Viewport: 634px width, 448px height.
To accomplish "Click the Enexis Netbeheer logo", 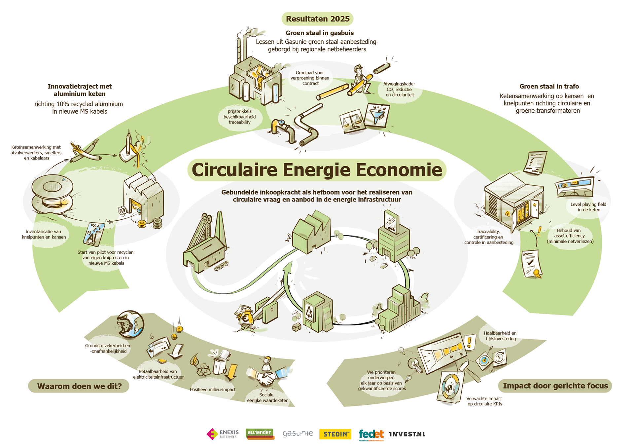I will (x=223, y=434).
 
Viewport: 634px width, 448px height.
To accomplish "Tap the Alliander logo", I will (x=260, y=433).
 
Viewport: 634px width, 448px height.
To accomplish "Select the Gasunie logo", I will (x=298, y=433).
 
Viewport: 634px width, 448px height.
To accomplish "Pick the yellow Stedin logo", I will (x=335, y=434).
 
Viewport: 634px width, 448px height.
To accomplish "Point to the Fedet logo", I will (x=371, y=434).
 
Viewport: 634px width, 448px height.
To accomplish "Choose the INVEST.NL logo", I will (x=407, y=434).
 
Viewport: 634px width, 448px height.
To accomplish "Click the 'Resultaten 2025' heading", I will (x=317, y=19).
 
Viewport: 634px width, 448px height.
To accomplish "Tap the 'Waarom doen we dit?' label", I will (x=79, y=386).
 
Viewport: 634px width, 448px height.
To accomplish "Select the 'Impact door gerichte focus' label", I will (x=555, y=386).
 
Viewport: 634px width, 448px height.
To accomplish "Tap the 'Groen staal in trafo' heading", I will (x=549, y=86).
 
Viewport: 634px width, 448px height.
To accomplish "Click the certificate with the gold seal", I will (x=531, y=264).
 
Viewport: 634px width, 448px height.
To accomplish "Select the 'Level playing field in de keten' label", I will (x=588, y=207).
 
